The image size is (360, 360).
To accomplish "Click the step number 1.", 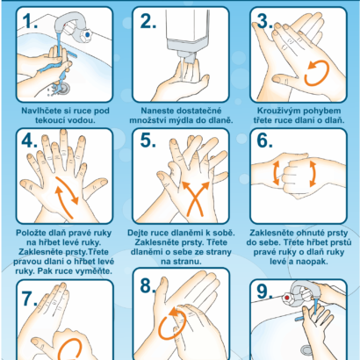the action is point(30,21).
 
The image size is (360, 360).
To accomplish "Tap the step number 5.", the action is point(148,140).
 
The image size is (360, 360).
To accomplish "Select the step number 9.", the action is point(264,292).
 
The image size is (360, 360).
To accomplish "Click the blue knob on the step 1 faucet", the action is point(87,34).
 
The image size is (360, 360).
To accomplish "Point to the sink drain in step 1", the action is point(63,87).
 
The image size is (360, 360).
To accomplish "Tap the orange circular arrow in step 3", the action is point(317,73).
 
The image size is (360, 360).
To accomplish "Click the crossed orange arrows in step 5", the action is point(196,198).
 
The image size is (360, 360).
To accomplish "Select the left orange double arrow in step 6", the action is point(276,173).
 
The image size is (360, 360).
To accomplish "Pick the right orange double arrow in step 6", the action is point(313,173).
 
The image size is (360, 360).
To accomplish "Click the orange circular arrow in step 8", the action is point(173,323).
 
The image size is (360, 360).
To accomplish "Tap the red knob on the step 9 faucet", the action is point(287,298).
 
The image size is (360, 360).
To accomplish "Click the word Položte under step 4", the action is point(29,233).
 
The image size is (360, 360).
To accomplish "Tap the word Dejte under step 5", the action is point(138,233).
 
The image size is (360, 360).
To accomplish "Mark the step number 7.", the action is point(30,299).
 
